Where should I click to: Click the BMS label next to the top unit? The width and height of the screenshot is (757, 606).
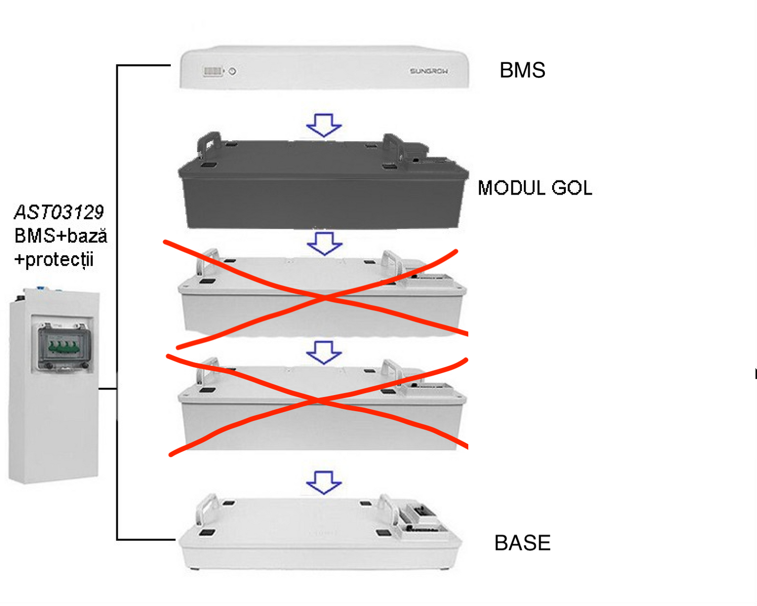point(522,70)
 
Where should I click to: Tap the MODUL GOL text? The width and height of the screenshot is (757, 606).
point(535,188)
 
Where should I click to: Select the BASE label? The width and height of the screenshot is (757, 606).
point(522,543)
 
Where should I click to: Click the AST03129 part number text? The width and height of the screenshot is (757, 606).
point(59,212)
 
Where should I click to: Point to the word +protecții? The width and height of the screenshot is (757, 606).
point(54,260)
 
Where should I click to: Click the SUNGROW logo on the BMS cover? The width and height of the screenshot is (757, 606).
point(429,71)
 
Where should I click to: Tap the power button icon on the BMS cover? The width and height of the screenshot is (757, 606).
point(233,71)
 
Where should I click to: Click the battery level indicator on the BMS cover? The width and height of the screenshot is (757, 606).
point(213,71)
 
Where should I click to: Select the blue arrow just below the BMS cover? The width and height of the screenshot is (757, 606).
point(324,125)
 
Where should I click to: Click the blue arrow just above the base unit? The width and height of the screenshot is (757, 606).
point(324,482)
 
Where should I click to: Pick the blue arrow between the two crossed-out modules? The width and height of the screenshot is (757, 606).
point(324,352)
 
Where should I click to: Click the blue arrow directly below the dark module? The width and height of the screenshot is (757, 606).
point(324,243)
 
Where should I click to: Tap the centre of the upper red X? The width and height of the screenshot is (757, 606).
point(325,297)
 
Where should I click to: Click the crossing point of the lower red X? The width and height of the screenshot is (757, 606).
point(318,401)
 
